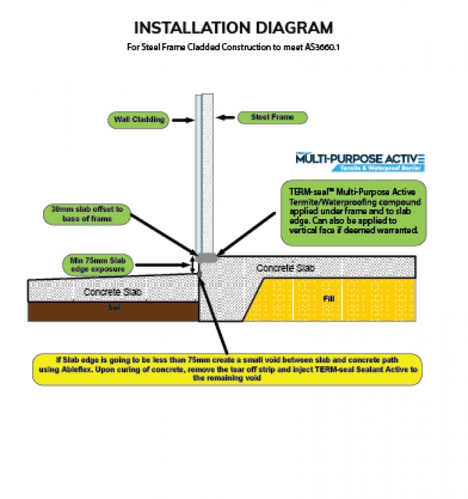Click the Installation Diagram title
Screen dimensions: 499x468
pos(234,28)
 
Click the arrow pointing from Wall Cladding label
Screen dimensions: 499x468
pos(181,120)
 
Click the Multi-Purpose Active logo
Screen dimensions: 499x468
pos(360,158)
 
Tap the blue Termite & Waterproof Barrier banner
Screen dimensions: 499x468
pos(378,168)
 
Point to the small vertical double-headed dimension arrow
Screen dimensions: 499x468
pos(194,264)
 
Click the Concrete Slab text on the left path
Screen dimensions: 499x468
pos(113,292)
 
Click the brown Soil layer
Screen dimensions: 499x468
pos(113,311)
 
